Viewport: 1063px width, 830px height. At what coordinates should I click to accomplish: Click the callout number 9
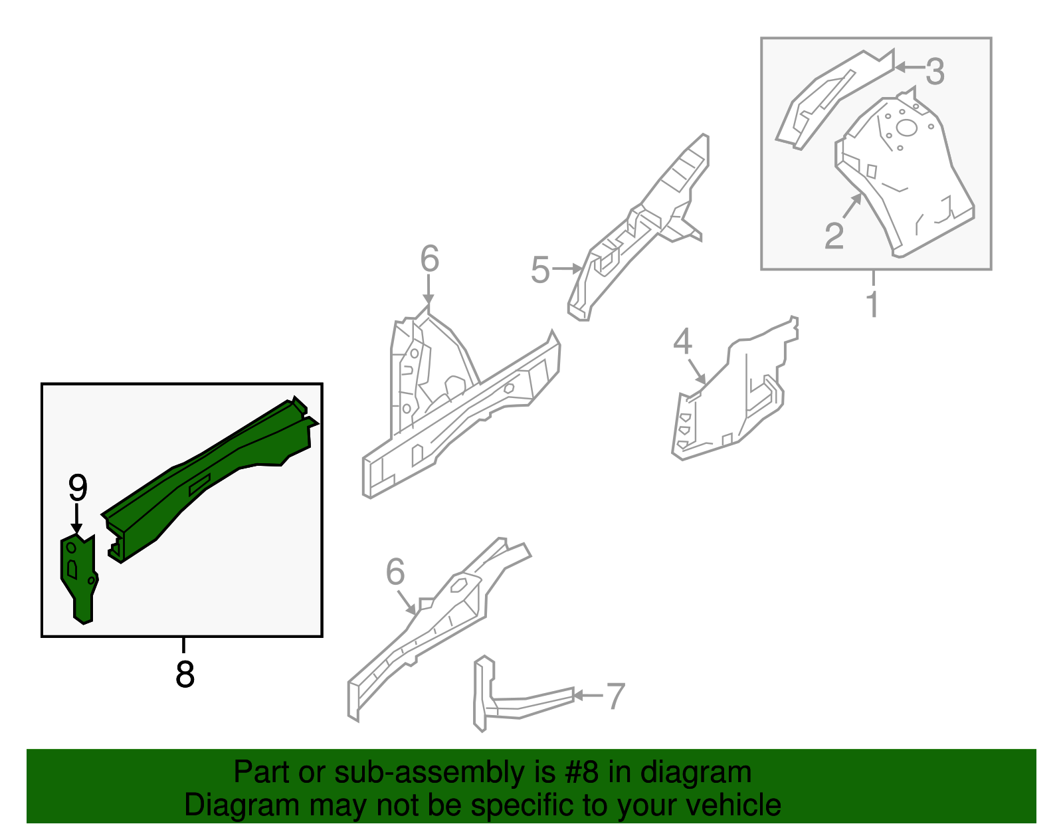click(78, 488)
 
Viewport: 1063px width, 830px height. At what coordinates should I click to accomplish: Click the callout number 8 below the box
click(185, 674)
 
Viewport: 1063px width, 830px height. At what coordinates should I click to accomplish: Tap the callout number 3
click(934, 71)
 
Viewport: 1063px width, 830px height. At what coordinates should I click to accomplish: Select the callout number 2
click(834, 236)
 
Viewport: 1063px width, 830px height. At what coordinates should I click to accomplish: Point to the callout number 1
click(872, 304)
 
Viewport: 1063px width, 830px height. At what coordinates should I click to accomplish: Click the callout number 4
click(682, 342)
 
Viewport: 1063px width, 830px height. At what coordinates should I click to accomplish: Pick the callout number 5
click(540, 270)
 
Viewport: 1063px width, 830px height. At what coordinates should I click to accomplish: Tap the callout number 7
click(616, 696)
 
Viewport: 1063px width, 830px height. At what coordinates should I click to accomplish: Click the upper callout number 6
click(429, 259)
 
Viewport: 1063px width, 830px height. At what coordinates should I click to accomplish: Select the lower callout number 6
click(395, 572)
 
